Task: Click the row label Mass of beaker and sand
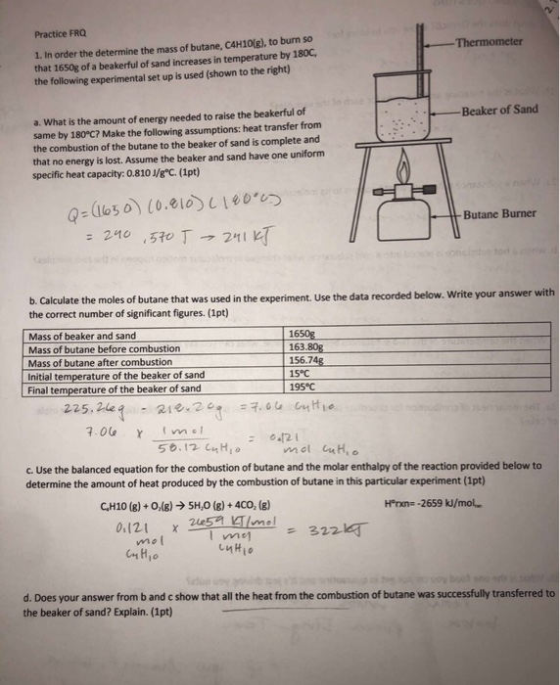click(x=83, y=336)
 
